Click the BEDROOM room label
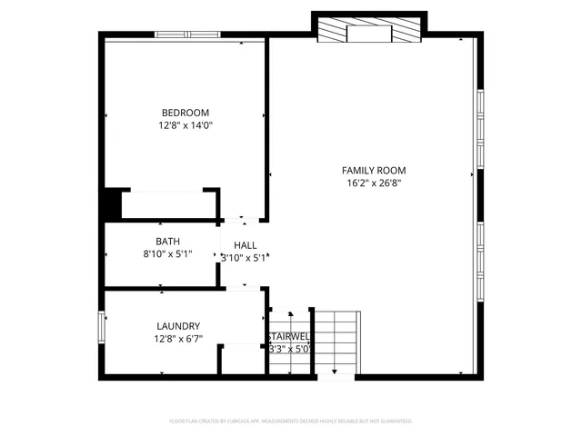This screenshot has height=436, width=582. point(186,113)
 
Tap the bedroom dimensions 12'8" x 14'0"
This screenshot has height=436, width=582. point(186,126)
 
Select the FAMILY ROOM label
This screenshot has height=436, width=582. point(373,170)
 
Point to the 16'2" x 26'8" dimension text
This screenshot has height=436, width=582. point(373,183)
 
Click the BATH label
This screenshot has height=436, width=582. point(167,241)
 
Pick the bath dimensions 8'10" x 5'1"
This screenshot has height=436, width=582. point(167,254)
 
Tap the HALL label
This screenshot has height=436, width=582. point(246,245)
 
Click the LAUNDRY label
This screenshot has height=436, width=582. point(178,326)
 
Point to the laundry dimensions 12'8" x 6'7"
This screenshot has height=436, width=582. point(178,340)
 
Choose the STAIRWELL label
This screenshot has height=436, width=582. point(289,336)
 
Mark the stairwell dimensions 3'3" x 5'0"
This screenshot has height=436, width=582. point(289,348)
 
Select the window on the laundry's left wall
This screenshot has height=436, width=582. point(102,328)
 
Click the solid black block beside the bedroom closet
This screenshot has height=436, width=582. point(111,203)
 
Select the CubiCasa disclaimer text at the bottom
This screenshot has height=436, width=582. point(291,421)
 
